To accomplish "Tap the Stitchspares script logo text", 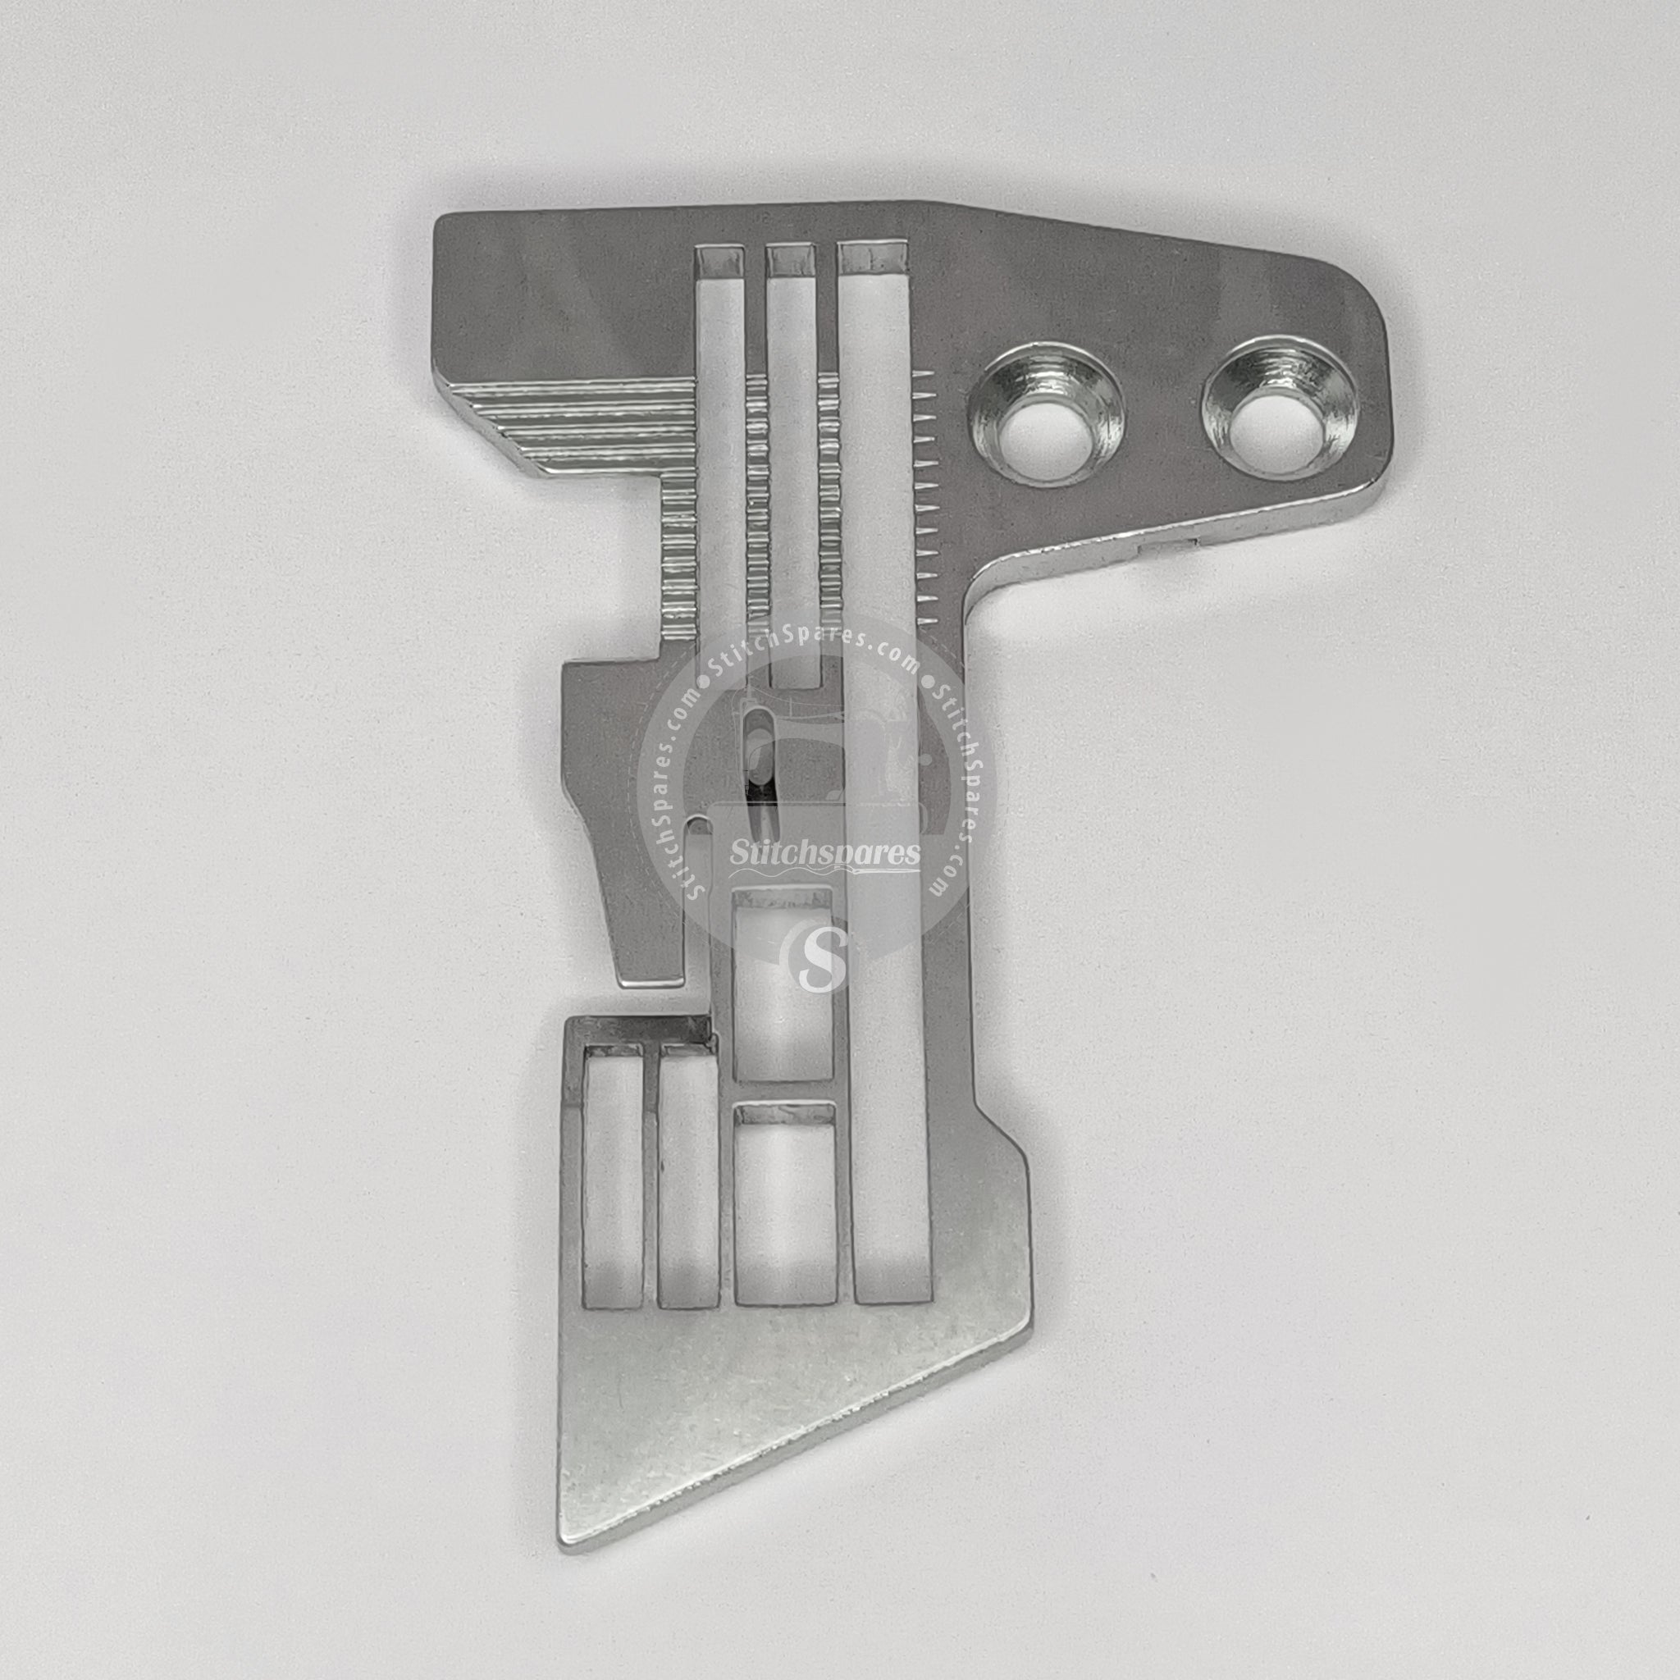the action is pyautogui.click(x=825, y=852).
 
